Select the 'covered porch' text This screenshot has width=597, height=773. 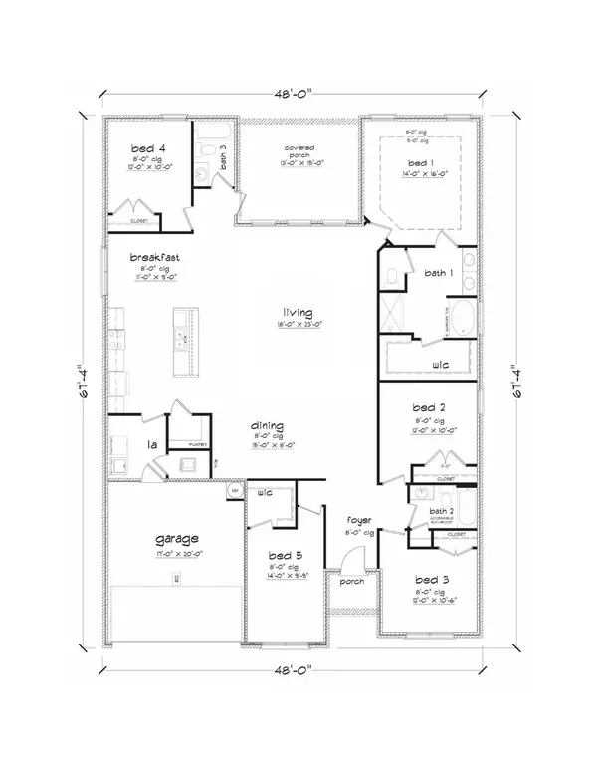point(299,152)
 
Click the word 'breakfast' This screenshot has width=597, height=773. point(154,256)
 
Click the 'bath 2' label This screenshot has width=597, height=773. point(441,511)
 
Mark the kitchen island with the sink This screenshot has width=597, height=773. point(182,338)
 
